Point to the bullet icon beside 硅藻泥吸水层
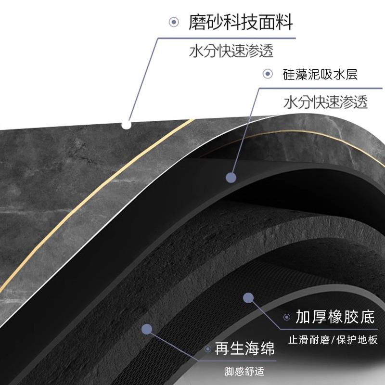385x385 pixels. pos(268,74)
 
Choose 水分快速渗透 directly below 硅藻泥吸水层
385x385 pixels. pos(326,103)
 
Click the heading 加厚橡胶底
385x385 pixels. pos(335,318)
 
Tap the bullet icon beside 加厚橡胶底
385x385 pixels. pos(287,318)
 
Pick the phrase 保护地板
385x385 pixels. pos(359,339)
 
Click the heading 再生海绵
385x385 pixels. pos(244,349)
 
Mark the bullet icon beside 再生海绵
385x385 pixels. pos(207,349)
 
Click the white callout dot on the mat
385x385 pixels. pos(127,125)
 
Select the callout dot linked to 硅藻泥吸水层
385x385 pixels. pos(231,178)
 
